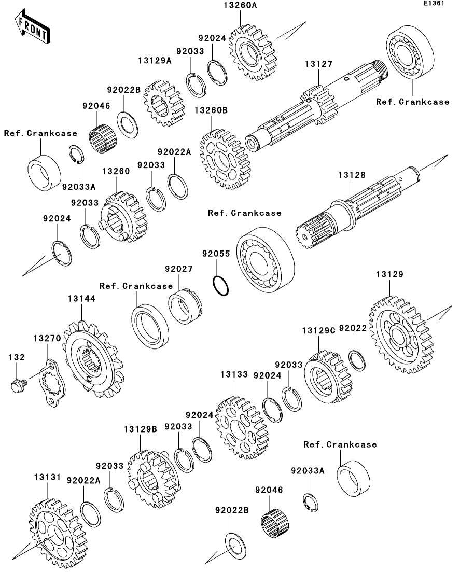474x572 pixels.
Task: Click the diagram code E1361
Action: click(x=434, y=3)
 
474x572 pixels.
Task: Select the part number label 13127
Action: click(x=318, y=64)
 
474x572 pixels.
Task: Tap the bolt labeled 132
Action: click(x=19, y=385)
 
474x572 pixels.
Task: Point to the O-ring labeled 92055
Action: click(x=221, y=286)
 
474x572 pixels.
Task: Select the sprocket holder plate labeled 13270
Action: click(x=52, y=382)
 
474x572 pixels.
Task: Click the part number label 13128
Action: click(x=352, y=175)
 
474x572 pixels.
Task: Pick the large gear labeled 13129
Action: click(x=401, y=334)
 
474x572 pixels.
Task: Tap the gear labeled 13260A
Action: click(x=253, y=52)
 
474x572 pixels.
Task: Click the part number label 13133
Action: click(x=234, y=374)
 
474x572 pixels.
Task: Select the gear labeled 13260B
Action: click(x=224, y=159)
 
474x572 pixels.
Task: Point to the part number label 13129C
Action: click(x=318, y=330)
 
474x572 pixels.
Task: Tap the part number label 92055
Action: click(x=216, y=254)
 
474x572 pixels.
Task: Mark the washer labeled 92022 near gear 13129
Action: click(x=357, y=360)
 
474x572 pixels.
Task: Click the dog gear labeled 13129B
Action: click(x=153, y=479)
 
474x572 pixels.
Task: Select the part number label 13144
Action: click(x=82, y=299)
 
